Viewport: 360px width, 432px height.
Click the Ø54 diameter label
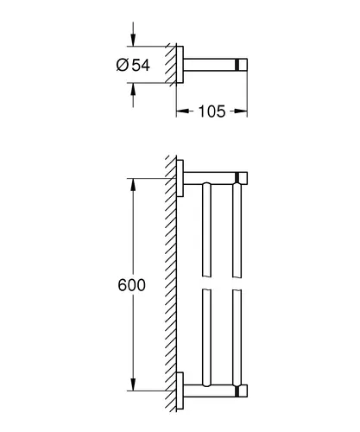point(133,65)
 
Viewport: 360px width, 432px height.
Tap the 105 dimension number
point(212,111)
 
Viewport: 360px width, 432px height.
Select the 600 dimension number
point(132,285)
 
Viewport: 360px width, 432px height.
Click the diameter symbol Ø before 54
point(123,65)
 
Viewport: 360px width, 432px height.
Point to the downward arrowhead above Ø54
point(133,40)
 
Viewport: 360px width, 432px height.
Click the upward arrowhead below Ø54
point(133,89)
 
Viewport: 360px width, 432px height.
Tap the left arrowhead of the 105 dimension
point(182,111)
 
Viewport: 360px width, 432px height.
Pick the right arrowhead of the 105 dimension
point(241,111)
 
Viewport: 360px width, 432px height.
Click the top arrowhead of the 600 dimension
point(133,185)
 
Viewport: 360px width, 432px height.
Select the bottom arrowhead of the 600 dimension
point(133,384)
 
